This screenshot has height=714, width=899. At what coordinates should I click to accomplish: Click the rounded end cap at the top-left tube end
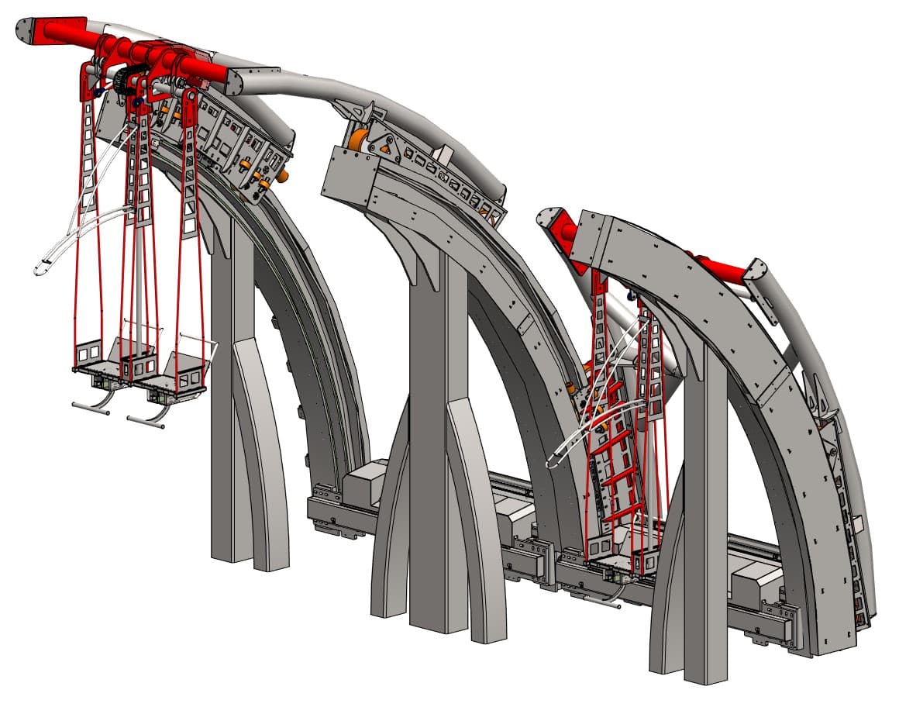[28, 32]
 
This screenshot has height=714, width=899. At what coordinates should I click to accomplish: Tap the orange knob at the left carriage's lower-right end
[282, 176]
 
